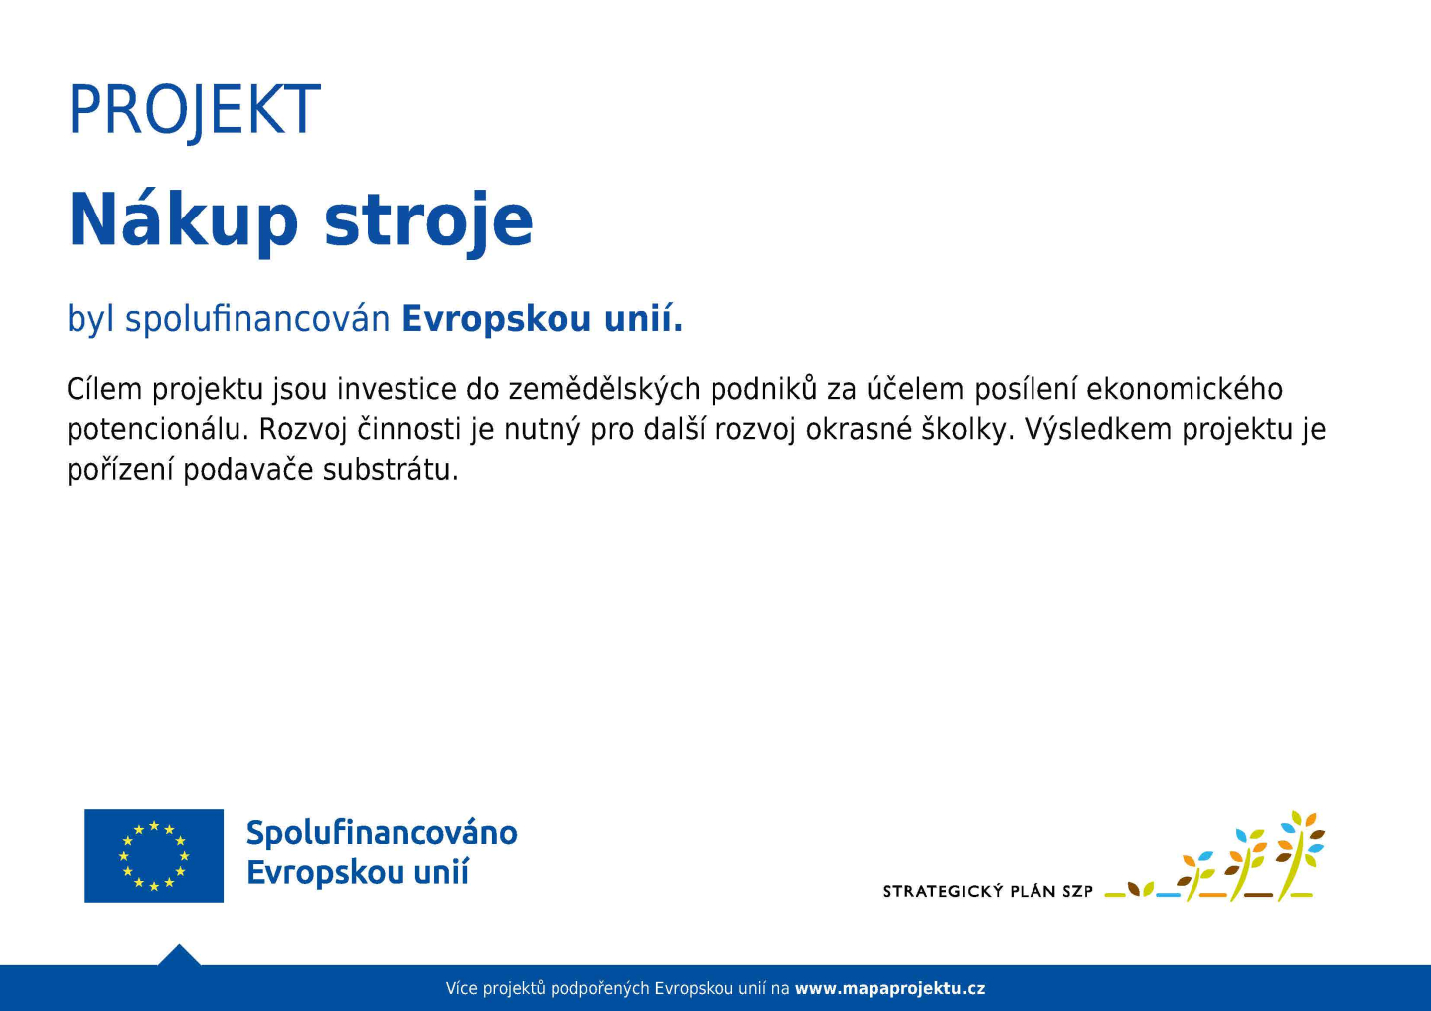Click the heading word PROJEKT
(194, 110)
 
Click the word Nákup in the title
(183, 221)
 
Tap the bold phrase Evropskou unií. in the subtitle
(543, 319)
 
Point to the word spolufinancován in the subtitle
(257, 319)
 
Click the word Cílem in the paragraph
(104, 389)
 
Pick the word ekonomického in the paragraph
(1185, 389)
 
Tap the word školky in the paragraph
(967, 430)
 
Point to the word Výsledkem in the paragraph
(1098, 430)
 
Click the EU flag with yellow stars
(154, 856)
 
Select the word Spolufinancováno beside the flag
(382, 834)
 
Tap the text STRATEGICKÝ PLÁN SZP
(988, 891)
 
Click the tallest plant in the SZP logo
(1300, 855)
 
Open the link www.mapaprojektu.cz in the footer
(890, 989)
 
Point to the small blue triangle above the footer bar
(179, 955)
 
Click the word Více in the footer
(461, 989)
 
